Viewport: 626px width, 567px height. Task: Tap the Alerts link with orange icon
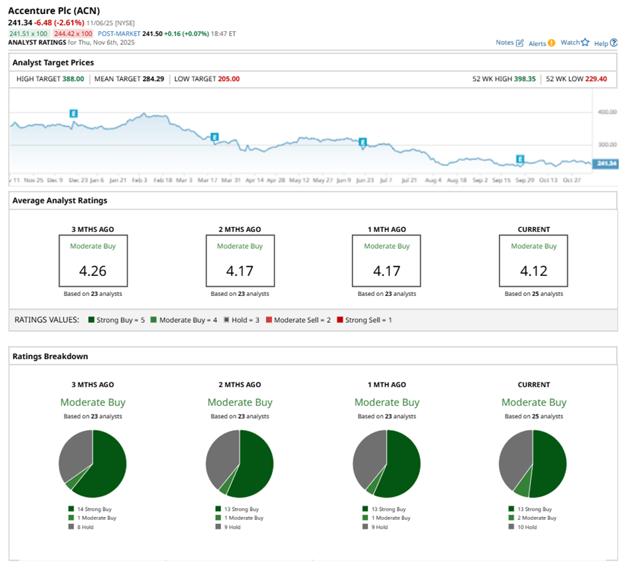[541, 42]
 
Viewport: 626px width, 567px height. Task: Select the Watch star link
[574, 42]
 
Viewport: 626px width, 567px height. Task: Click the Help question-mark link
[605, 43]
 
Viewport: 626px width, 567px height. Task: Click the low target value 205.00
[228, 79]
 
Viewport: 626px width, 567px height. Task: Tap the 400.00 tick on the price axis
[607, 111]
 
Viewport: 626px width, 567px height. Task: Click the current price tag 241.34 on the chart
[607, 164]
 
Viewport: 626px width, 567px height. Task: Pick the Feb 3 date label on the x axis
[139, 180]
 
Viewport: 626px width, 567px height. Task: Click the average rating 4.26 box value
[92, 271]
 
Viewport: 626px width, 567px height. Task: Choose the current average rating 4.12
[533, 271]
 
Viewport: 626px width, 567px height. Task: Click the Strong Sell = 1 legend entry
[368, 320]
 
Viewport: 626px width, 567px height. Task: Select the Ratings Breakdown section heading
[50, 356]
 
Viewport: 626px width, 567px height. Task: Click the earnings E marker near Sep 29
[519, 159]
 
